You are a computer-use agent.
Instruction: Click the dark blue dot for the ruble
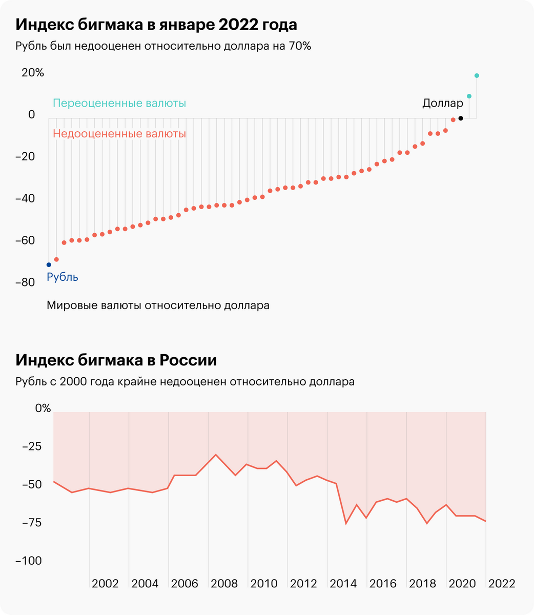click(x=49, y=264)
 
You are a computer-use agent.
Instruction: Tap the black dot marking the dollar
click(x=461, y=118)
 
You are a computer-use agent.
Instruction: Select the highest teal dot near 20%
click(x=477, y=76)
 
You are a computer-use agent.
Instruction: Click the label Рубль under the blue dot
click(x=63, y=277)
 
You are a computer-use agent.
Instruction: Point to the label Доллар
click(x=442, y=104)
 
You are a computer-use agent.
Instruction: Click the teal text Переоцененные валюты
click(x=119, y=104)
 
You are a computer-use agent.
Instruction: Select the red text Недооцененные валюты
click(x=119, y=134)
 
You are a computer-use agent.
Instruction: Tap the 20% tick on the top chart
click(x=33, y=73)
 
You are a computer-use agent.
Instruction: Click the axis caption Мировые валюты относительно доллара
click(x=158, y=305)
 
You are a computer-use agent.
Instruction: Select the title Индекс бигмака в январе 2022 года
click(x=156, y=25)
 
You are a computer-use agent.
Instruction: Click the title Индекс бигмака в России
click(x=116, y=360)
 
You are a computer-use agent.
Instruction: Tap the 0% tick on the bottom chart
click(x=43, y=408)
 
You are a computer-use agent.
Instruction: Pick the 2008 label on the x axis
click(x=224, y=584)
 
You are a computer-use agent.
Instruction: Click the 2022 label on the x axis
click(x=502, y=584)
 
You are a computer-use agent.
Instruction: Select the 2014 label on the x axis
click(x=343, y=584)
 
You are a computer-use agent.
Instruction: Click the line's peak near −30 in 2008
click(x=216, y=455)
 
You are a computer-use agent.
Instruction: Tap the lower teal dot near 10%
click(x=469, y=96)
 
